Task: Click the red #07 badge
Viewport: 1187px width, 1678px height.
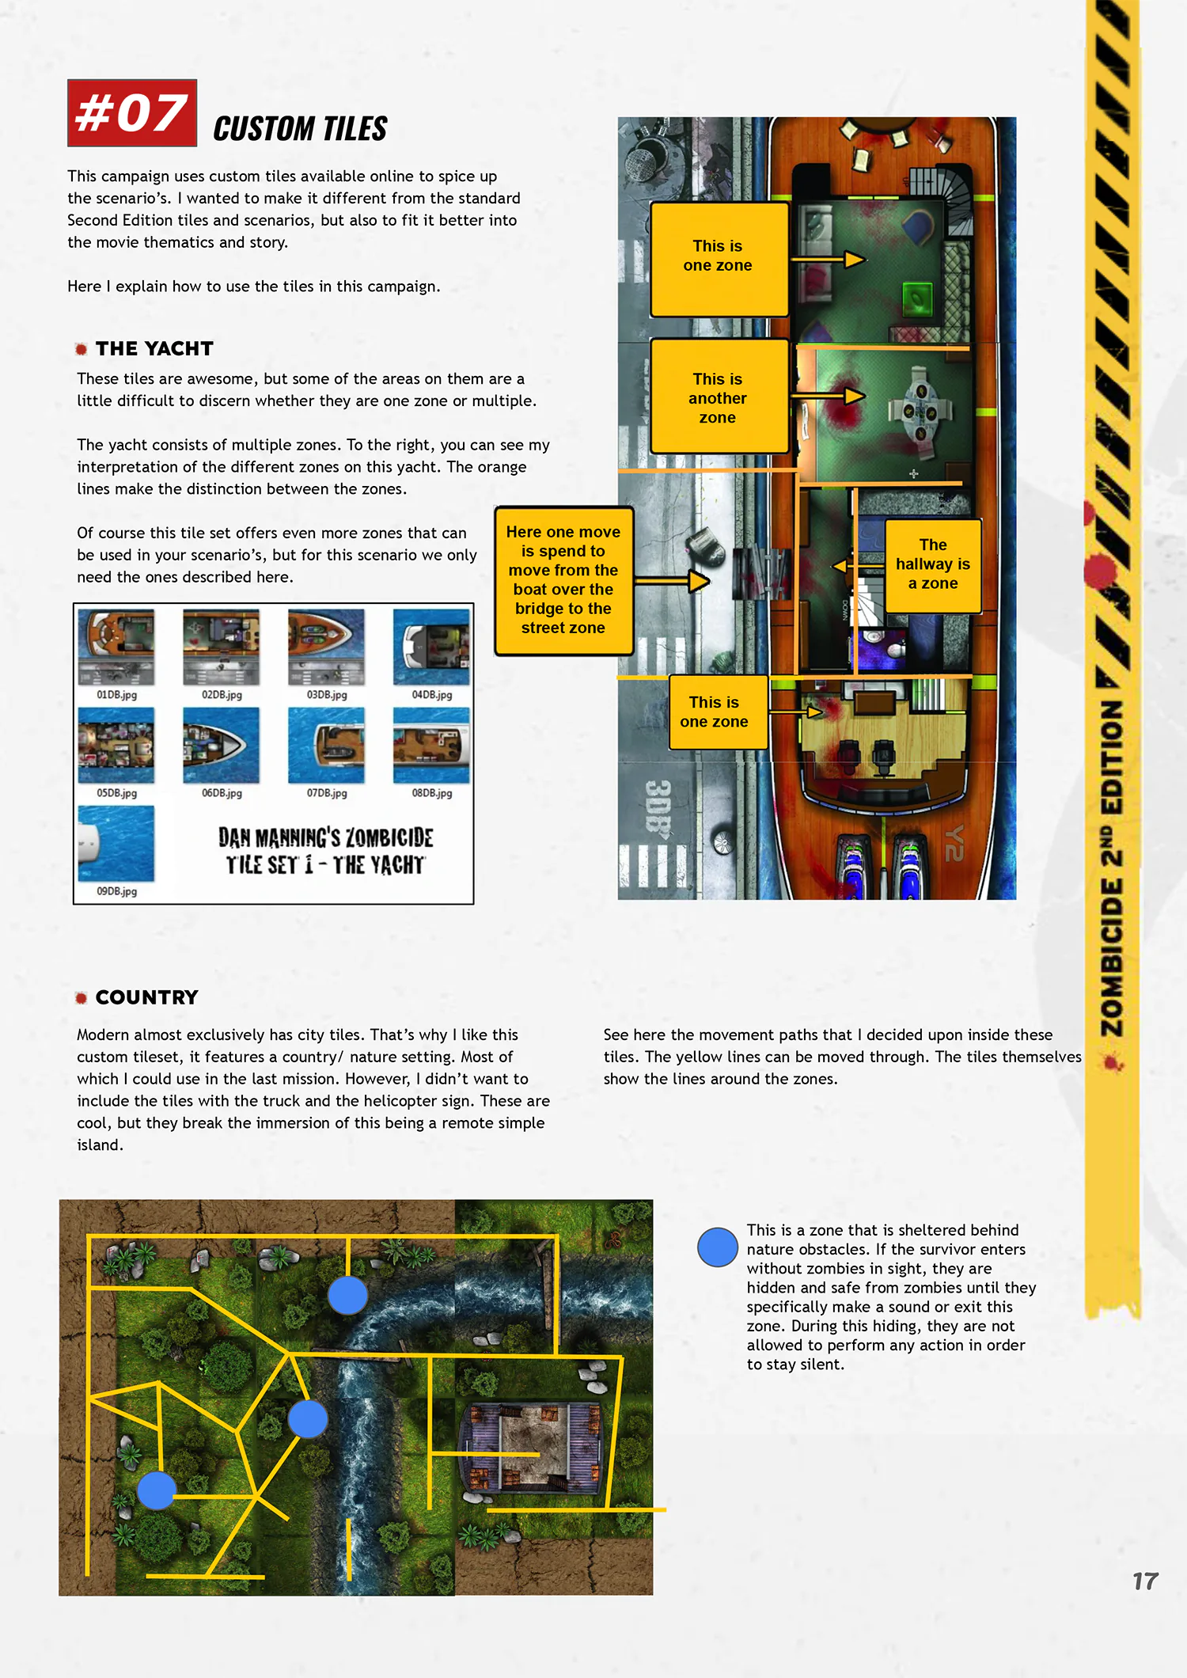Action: coord(132,113)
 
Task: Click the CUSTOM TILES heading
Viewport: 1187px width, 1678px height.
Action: coord(300,129)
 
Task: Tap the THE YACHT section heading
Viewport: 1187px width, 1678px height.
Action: coord(154,348)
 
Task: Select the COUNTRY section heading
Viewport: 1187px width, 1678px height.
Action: coord(146,997)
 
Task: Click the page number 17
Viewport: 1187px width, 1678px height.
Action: coord(1145,1581)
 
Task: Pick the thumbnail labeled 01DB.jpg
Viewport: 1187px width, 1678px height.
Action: coord(116,647)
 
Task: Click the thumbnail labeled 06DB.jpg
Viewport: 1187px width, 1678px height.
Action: coord(221,746)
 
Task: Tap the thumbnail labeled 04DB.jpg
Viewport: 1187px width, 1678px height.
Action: coord(431,647)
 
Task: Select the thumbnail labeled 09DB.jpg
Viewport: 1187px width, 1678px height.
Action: coord(116,844)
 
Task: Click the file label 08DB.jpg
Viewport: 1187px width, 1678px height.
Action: coord(432,793)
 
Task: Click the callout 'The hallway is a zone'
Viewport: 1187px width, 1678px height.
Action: coord(933,565)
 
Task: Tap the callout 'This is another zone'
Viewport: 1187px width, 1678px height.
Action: coord(719,397)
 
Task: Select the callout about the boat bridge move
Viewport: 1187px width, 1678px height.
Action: coord(563,581)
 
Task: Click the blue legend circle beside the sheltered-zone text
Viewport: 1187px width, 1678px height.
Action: coord(718,1247)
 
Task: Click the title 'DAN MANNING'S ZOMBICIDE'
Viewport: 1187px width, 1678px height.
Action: coord(326,837)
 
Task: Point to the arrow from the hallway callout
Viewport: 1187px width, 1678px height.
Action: coord(858,566)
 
